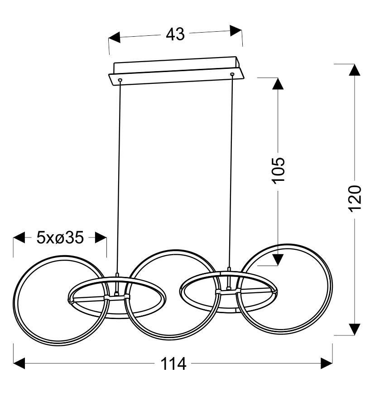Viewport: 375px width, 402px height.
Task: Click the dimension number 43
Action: pos(175,34)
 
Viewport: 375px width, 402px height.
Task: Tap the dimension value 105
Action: pos(278,170)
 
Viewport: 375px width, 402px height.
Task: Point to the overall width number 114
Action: pos(173,363)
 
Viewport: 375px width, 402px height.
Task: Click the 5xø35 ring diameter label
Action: pos(60,237)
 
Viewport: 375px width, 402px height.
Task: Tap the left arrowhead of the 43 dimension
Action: pos(114,38)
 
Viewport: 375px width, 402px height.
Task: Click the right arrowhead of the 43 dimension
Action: pos(236,31)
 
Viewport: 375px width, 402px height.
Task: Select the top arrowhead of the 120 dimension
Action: pos(355,70)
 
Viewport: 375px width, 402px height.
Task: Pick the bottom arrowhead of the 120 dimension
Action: pos(355,329)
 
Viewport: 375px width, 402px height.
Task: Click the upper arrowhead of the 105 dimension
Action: pos(278,83)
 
